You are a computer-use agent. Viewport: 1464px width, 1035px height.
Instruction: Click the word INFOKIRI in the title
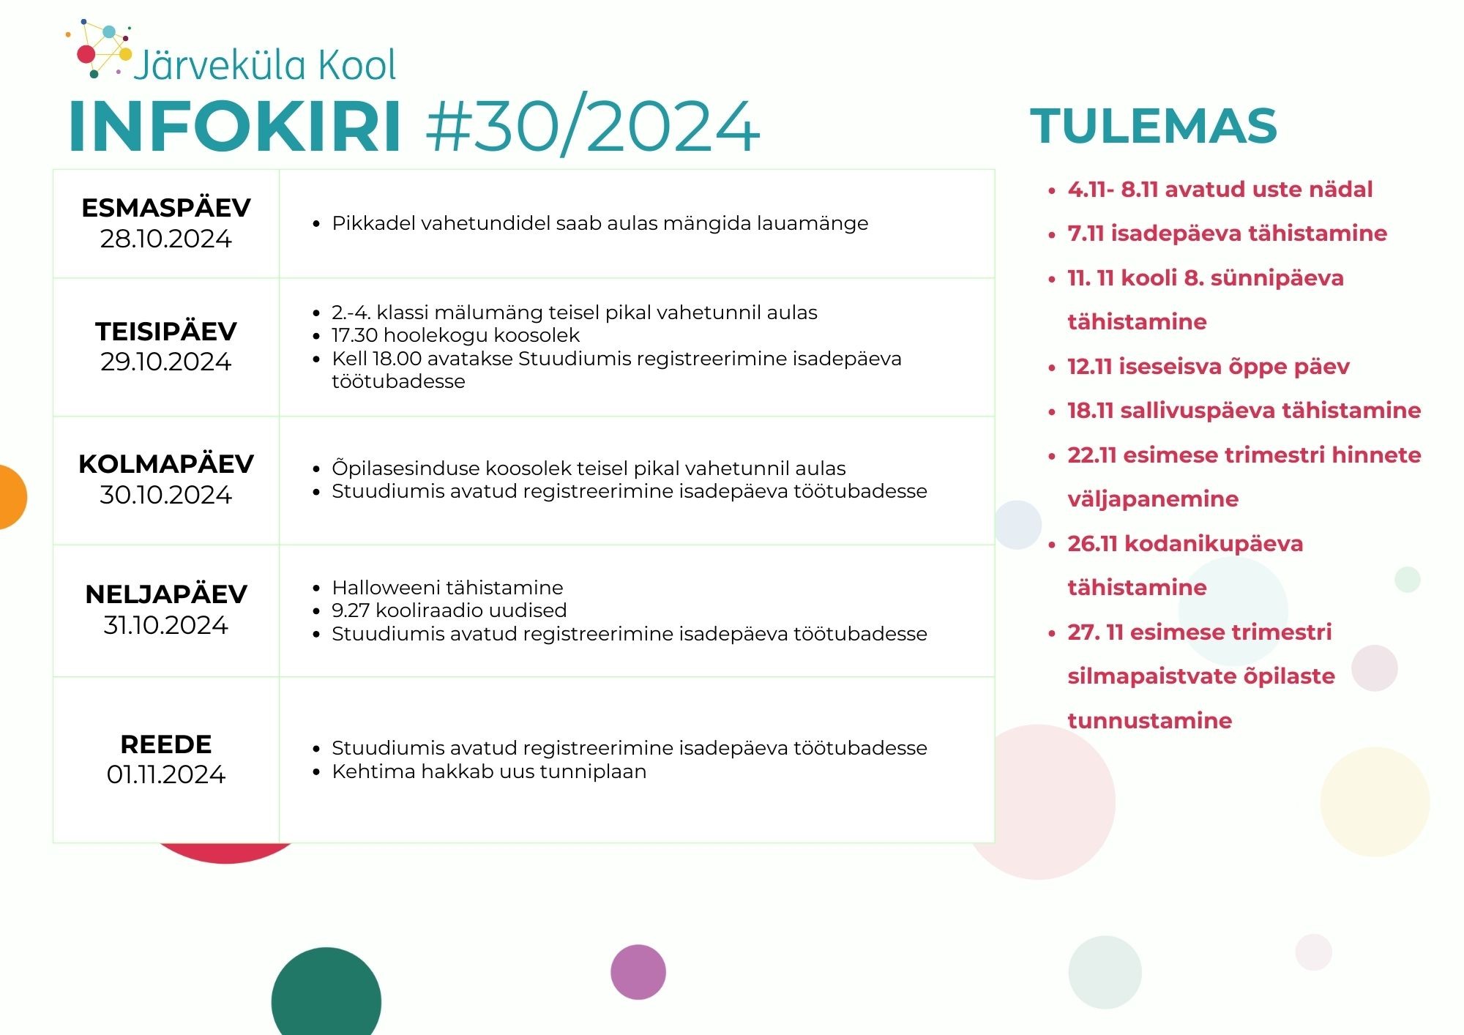235,127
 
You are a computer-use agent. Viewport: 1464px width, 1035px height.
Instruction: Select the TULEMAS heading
1154,126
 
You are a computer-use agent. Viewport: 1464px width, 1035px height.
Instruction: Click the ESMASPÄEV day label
166,208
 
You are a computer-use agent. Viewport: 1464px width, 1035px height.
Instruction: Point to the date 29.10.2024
166,362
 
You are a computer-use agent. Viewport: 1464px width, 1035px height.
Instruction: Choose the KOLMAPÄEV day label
166,463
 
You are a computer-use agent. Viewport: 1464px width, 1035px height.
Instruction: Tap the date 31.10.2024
166,625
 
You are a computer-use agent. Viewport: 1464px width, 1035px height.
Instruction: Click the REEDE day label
166,744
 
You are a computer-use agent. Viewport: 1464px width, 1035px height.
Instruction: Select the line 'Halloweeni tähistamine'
447,587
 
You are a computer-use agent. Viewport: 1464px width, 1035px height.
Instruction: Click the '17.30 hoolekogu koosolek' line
455,335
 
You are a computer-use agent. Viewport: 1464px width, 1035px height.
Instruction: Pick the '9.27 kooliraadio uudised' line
449,610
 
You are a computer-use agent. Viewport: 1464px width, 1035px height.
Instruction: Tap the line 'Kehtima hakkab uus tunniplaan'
489,771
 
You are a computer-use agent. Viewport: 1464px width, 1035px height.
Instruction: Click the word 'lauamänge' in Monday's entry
813,223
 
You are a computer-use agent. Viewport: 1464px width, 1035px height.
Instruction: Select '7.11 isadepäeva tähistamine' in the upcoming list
1228,233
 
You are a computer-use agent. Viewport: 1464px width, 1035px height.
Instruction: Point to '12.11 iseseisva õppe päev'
1209,367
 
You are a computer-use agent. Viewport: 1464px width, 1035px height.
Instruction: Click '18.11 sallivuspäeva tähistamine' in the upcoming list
1244,411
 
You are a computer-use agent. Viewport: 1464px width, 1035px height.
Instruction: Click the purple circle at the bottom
638,972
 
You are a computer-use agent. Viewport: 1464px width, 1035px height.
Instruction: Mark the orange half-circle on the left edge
12,497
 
